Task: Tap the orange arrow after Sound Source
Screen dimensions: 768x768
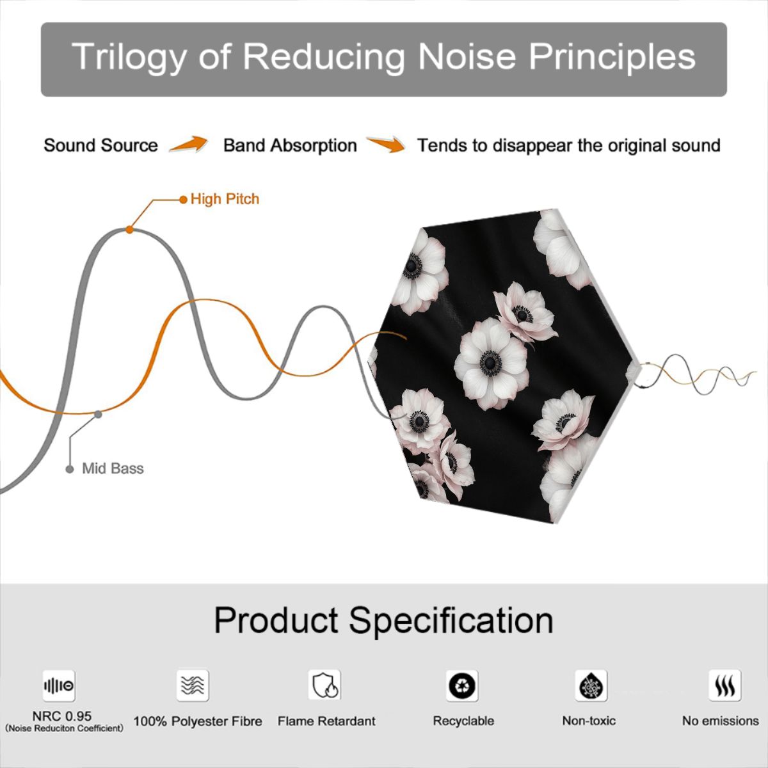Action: click(x=189, y=144)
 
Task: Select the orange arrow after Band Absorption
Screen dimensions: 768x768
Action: click(x=386, y=144)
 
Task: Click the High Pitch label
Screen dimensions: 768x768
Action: click(x=225, y=199)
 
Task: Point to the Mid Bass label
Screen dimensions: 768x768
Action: click(x=113, y=468)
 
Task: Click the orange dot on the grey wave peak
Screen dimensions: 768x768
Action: click(x=129, y=230)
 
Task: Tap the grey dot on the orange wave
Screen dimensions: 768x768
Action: click(x=98, y=415)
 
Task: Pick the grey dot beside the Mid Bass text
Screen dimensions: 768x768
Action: click(x=70, y=469)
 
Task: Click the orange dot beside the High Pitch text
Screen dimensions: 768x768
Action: click(x=183, y=200)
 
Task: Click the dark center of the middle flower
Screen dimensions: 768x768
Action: click(x=490, y=363)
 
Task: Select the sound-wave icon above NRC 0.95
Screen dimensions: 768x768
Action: click(x=59, y=685)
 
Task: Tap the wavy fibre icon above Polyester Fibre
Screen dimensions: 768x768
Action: click(x=193, y=685)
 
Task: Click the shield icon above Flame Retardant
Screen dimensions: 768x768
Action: click(x=324, y=685)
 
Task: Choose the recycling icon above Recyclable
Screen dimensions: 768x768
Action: click(x=462, y=685)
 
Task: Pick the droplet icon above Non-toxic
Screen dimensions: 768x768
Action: click(x=591, y=685)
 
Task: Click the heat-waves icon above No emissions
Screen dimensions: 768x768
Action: click(x=725, y=685)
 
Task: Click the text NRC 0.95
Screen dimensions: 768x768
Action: click(x=62, y=716)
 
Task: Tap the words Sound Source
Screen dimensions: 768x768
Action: click(x=101, y=145)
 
